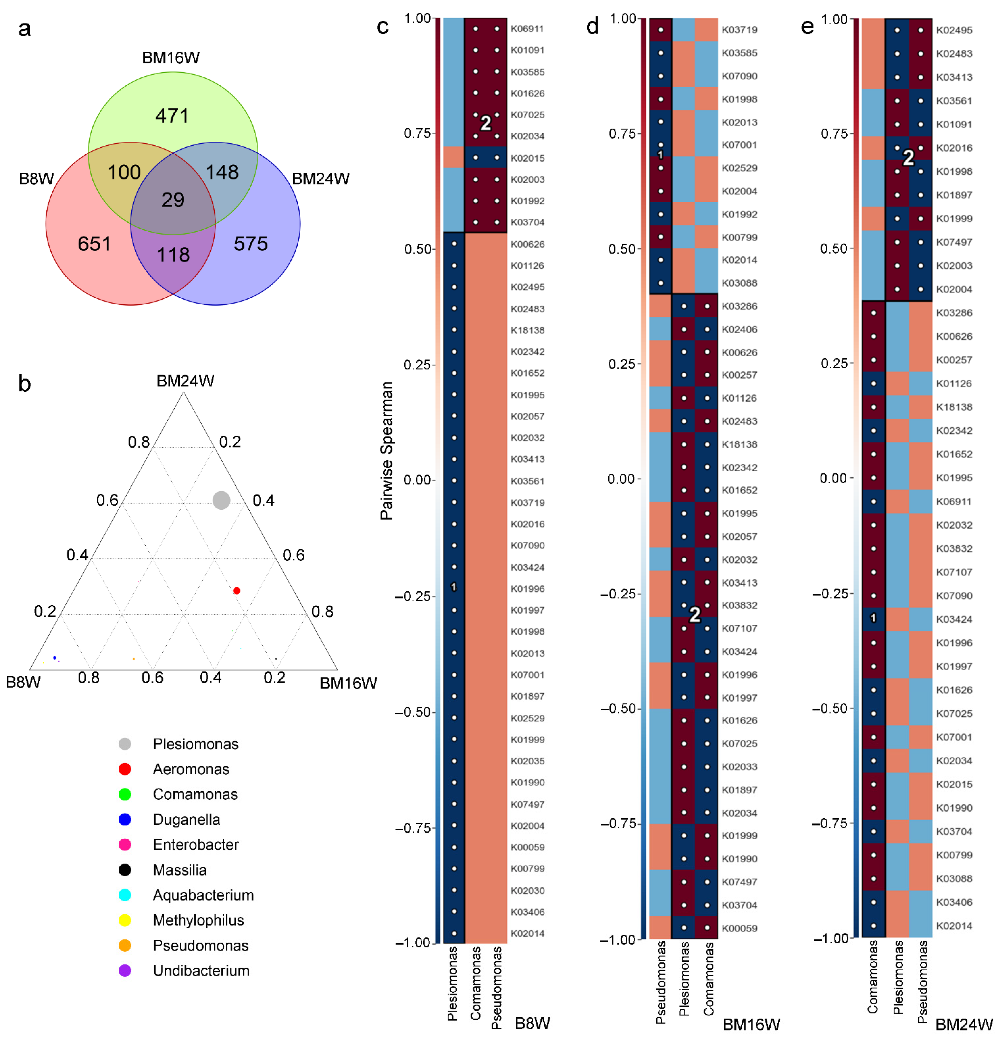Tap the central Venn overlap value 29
point(173,200)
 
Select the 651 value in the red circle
point(94,244)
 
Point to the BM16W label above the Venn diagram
point(171,57)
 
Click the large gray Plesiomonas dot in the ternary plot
point(221,500)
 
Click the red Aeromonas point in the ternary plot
point(237,591)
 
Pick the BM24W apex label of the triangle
point(185,381)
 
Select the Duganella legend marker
point(125,820)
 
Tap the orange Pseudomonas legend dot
point(125,945)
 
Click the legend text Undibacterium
point(201,970)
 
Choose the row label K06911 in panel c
point(527,29)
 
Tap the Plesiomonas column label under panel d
point(684,978)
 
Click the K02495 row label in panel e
point(954,30)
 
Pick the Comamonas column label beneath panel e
point(873,976)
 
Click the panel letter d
point(592,26)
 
